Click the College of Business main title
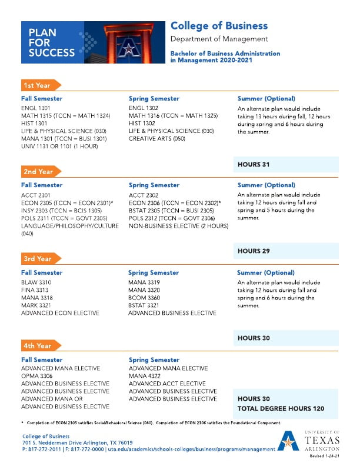pos(219,26)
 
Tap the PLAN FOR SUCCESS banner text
pos(52,42)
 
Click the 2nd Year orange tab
pos(39,172)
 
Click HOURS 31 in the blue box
pos(254,164)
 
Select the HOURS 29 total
pos(254,251)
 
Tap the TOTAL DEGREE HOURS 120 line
pos(281,408)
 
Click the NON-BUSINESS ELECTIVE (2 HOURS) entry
pos(178,226)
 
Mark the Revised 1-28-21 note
pos(324,456)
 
